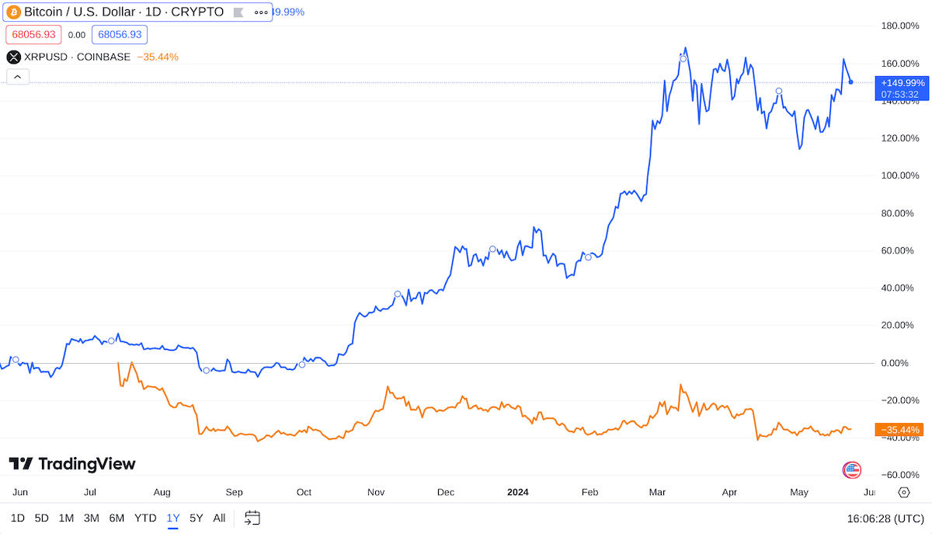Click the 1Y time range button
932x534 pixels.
click(172, 518)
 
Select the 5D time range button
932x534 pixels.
click(41, 518)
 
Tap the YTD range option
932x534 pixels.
click(145, 518)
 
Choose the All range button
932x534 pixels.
click(219, 518)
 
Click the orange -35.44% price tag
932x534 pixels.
click(899, 430)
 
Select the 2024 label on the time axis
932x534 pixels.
click(518, 492)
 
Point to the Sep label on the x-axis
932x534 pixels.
click(234, 492)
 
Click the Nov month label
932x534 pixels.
click(376, 492)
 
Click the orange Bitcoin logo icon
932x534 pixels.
click(14, 12)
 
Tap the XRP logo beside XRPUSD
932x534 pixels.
click(14, 57)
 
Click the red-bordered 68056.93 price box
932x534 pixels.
click(33, 34)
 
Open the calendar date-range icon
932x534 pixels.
click(252, 518)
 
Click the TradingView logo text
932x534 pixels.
click(72, 464)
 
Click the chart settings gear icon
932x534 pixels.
click(904, 492)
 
